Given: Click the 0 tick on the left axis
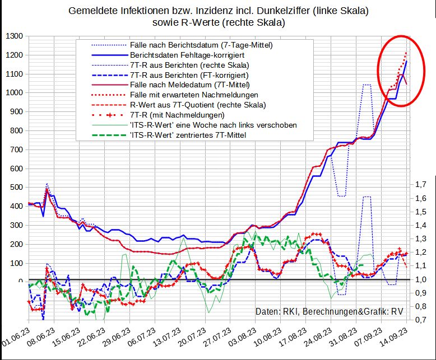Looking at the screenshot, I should (21, 282).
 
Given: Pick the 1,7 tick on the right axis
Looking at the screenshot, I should (420, 184).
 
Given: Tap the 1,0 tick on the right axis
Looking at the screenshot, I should (420, 279).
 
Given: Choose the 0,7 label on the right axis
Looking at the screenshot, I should (420, 320).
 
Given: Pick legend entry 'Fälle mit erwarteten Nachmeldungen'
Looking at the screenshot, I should (194, 95).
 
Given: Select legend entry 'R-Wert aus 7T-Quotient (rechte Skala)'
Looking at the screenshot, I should (197, 105).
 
